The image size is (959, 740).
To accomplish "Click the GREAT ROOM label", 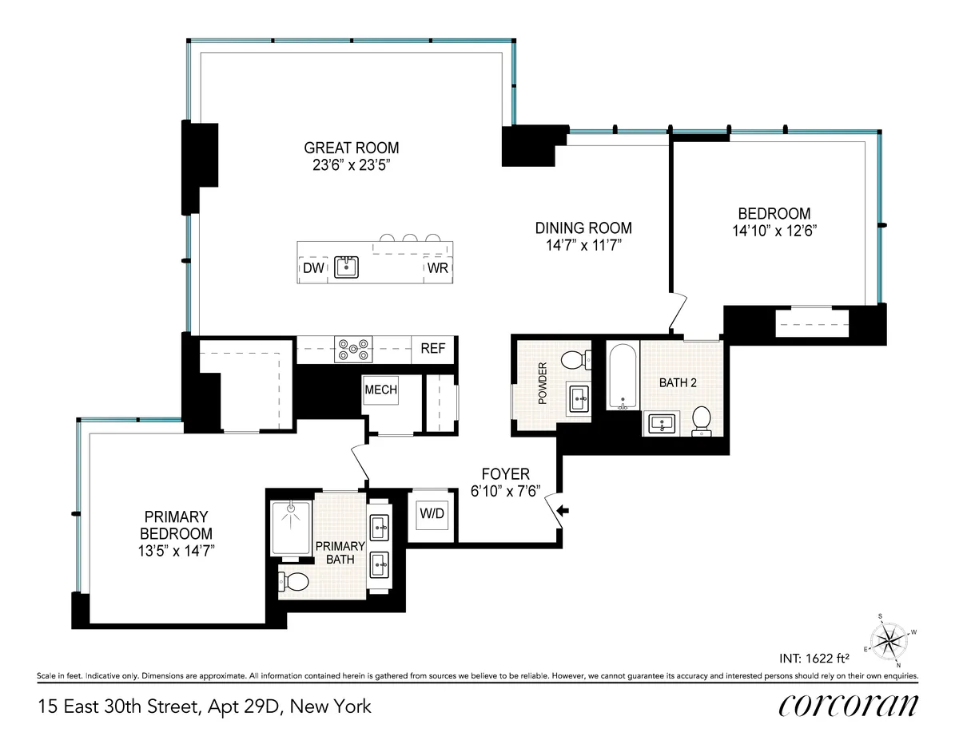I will click(x=351, y=148).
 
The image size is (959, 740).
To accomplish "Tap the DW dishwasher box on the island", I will click(x=313, y=268).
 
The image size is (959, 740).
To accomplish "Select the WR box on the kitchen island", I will click(x=437, y=268).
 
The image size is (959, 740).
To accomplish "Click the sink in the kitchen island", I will click(x=346, y=267).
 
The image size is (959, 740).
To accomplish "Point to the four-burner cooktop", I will click(x=353, y=350).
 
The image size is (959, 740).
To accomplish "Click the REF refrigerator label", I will click(x=432, y=349).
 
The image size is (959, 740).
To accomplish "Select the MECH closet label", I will click(x=380, y=390).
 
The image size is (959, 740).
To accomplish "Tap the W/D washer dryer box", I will click(x=432, y=514).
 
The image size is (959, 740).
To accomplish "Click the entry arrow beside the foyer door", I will click(x=563, y=511).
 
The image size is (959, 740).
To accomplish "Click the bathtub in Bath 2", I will click(x=620, y=376).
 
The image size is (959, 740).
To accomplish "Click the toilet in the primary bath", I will click(x=294, y=582).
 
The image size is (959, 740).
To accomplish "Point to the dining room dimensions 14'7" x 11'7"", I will click(x=583, y=245).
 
